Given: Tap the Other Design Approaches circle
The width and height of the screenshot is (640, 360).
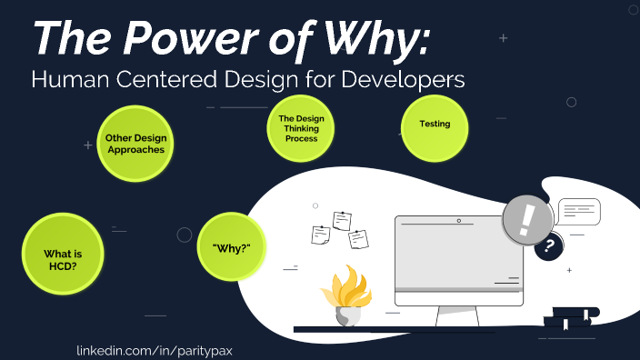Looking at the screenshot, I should click(x=135, y=144).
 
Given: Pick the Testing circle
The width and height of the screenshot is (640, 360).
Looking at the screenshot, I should click(x=435, y=125).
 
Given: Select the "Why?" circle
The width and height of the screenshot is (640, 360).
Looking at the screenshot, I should click(x=231, y=247).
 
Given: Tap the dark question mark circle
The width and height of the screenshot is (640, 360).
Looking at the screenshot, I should click(x=548, y=245).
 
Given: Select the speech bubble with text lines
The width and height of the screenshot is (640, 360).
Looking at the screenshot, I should click(x=579, y=212).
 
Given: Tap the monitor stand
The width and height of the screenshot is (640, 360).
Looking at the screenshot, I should click(x=459, y=315).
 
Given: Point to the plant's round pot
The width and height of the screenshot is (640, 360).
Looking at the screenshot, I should click(x=347, y=315).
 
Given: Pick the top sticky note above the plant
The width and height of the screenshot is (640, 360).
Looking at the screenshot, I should click(x=342, y=220).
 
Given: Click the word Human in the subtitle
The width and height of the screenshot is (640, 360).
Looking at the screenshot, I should click(x=61, y=80).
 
